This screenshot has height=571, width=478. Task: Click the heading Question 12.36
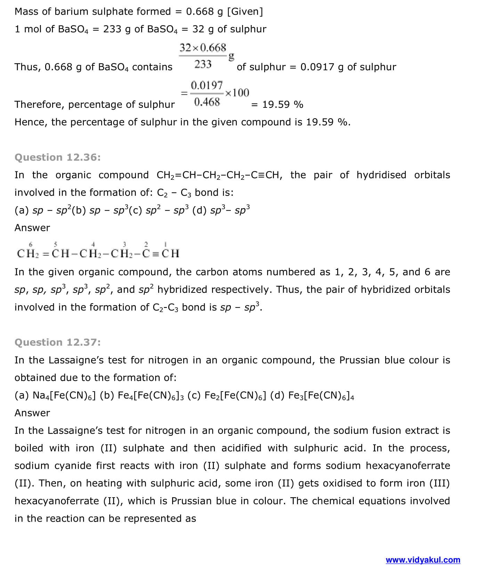57,158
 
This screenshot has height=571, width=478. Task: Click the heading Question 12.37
57,343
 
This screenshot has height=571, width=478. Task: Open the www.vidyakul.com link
423,560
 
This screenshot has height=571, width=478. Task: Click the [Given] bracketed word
245,11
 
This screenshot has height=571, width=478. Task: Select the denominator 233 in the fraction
203,64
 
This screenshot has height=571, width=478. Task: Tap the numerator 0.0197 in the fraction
207,85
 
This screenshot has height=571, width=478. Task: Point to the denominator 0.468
207,102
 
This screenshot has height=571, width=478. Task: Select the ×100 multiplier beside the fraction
237,93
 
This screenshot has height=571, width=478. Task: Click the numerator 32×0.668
203,48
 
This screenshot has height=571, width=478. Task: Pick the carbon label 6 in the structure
31,244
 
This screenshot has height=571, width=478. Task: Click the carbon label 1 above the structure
165,244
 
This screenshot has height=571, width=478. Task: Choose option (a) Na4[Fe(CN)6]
55,395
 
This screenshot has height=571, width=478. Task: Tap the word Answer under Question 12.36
32,228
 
